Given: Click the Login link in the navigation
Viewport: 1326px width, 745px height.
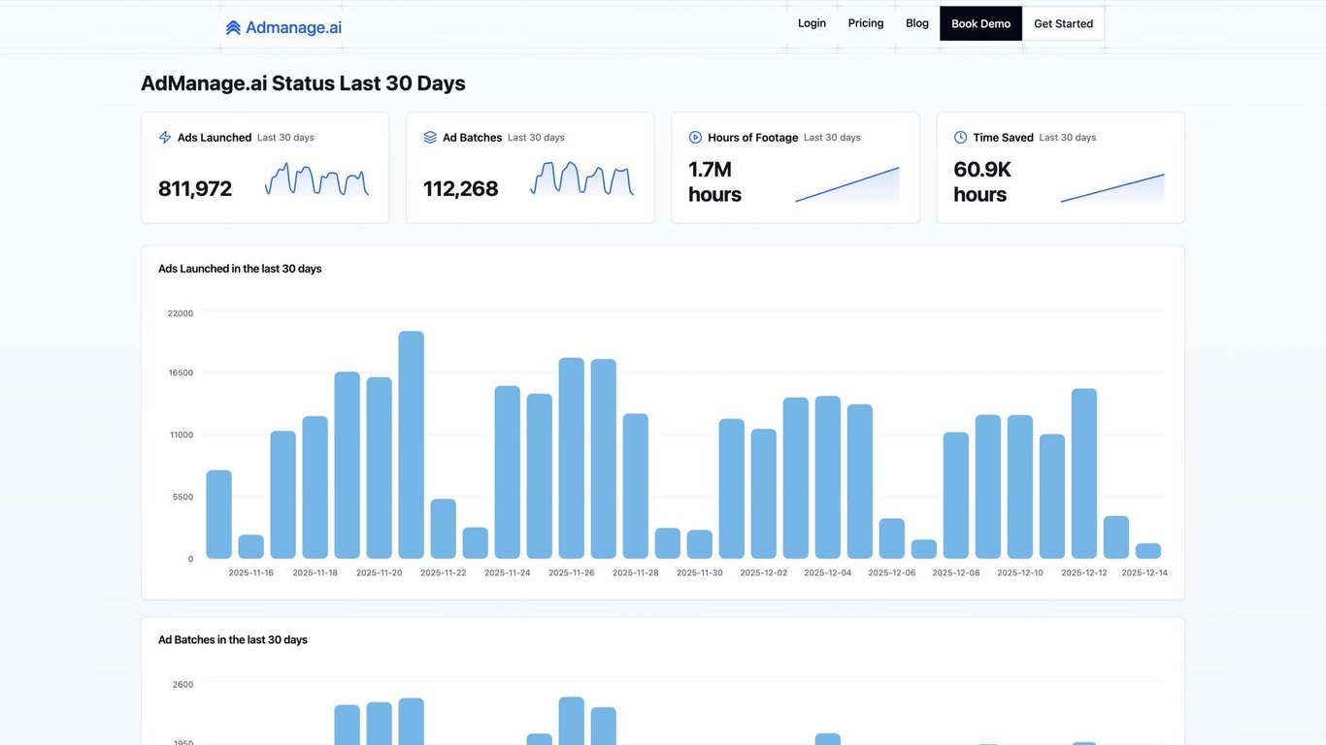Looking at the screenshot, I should pyautogui.click(x=812, y=23).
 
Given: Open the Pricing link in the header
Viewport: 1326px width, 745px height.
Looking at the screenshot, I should pyautogui.click(x=866, y=23).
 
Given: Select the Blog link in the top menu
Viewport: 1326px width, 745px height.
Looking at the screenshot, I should pyautogui.click(x=917, y=23).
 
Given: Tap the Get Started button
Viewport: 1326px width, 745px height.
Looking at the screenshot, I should pyautogui.click(x=1063, y=23).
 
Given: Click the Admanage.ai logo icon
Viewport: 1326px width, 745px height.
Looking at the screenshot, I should pyautogui.click(x=233, y=28).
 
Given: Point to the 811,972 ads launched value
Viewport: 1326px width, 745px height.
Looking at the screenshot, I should pyautogui.click(x=195, y=188).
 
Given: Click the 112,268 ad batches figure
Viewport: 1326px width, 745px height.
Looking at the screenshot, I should pyautogui.click(x=461, y=188).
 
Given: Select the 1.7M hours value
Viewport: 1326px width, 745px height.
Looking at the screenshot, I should pyautogui.click(x=714, y=181).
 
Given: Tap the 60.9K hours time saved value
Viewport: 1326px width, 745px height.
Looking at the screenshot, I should pyautogui.click(x=981, y=181).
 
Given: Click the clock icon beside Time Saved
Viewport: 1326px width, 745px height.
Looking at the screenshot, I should pyautogui.click(x=961, y=138).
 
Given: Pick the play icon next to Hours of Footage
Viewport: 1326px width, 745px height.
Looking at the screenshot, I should pyautogui.click(x=695, y=138).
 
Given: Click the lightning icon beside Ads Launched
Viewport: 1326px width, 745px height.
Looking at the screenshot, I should pyautogui.click(x=165, y=138).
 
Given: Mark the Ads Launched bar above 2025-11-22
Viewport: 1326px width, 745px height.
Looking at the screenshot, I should pyautogui.click(x=444, y=529).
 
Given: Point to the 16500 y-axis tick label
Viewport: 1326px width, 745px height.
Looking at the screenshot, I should pyautogui.click(x=181, y=372).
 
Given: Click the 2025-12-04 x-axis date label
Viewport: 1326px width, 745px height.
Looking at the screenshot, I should pyautogui.click(x=828, y=572).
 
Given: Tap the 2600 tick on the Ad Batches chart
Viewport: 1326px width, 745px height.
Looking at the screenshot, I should pyautogui.click(x=182, y=685).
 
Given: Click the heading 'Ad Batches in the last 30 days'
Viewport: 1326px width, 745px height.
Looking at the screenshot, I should pyautogui.click(x=233, y=640).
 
